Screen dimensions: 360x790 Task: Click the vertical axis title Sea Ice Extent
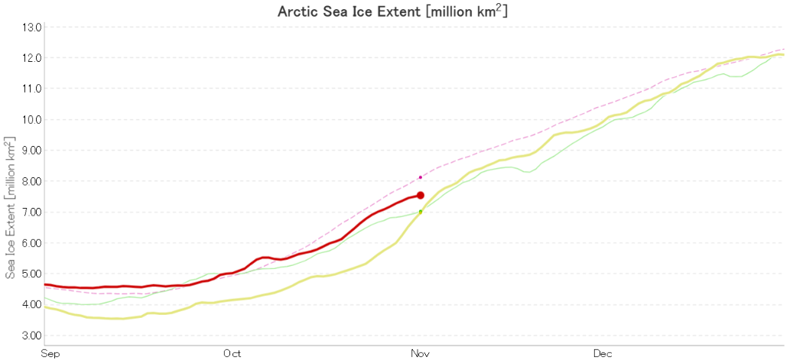click(x=10, y=207)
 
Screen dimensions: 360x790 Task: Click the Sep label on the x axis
click(x=50, y=354)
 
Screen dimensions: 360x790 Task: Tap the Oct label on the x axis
click(x=232, y=354)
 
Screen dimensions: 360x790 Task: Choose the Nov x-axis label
click(x=421, y=354)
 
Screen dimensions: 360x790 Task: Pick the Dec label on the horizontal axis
click(x=603, y=354)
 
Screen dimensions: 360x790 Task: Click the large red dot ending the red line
click(x=421, y=196)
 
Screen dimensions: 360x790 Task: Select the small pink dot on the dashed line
click(x=421, y=177)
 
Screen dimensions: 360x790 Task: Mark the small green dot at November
click(x=421, y=212)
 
